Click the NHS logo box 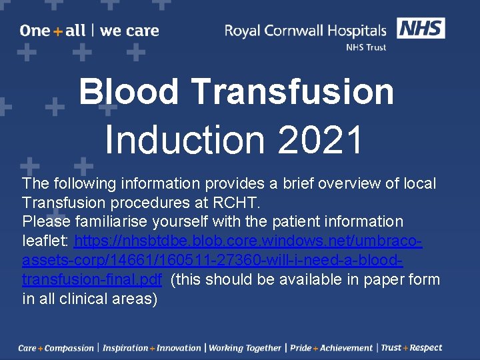(421, 28)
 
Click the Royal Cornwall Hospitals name (305, 31)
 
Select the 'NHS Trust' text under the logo (365, 47)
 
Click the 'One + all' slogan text (53, 31)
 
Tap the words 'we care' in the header (129, 31)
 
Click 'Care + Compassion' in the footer (56, 348)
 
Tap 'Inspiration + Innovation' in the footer (151, 348)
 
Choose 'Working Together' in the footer (245, 348)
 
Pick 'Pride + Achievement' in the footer (331, 348)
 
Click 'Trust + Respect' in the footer (411, 348)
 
